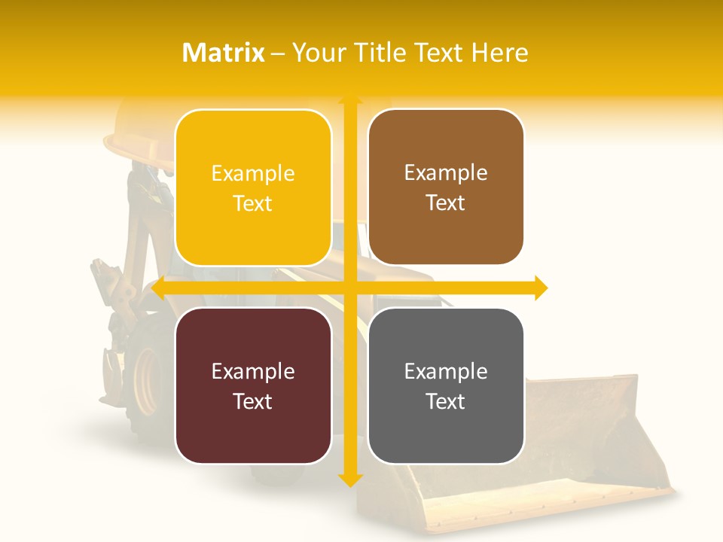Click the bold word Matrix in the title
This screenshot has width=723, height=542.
224,53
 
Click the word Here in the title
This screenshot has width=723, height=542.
500,53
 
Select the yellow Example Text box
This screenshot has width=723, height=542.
253,187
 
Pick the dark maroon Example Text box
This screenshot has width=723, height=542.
253,385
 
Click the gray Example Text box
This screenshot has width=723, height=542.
446,385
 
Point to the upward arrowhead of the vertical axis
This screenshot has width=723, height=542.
350,99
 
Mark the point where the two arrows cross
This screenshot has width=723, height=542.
350,288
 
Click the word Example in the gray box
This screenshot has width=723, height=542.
446,371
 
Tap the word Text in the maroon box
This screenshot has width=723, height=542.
253,401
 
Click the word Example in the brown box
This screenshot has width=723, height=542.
446,172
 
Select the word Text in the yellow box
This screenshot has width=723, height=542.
253,203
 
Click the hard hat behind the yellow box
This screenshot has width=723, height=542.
136,132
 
